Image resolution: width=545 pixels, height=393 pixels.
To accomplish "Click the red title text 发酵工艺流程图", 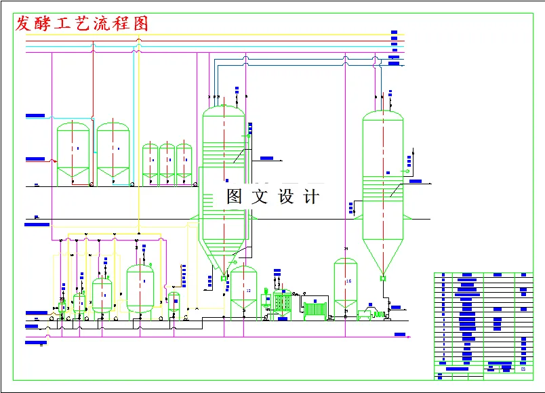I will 81,24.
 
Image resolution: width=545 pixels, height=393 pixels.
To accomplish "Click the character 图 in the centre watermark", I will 234,197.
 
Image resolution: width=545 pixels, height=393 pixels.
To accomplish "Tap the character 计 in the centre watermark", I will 311,197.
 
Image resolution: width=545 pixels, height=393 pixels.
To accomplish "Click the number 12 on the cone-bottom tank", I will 248,291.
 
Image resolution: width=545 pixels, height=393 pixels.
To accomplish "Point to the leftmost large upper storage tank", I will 73,152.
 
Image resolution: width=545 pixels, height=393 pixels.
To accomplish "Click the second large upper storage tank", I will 113,152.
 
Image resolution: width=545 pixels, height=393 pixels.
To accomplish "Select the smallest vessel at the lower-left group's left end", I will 63,307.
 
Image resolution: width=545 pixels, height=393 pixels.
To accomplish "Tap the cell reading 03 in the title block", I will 523,369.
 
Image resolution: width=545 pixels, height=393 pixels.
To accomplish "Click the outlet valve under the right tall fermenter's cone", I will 383,278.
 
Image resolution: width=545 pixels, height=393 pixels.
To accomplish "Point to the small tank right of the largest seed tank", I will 174,302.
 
